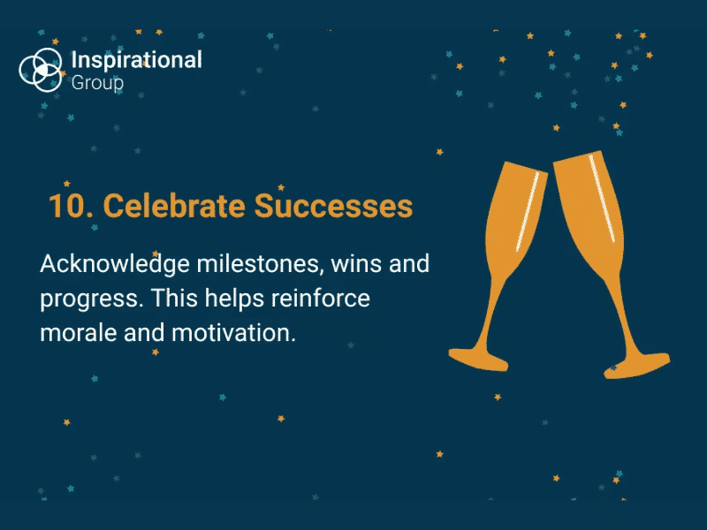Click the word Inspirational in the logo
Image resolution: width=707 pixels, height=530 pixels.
click(x=137, y=60)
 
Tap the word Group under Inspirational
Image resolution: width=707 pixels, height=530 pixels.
click(x=97, y=83)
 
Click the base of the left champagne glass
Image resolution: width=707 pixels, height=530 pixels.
click(x=478, y=360)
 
